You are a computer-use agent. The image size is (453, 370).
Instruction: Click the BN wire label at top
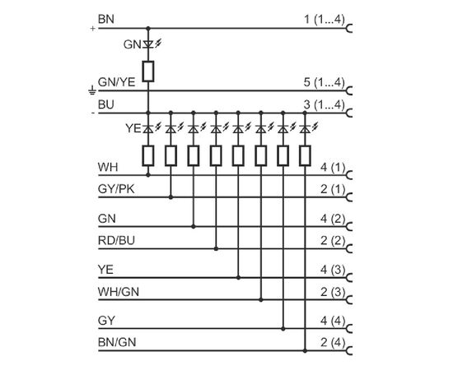point(106,19)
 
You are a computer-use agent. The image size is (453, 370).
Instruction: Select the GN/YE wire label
point(116,82)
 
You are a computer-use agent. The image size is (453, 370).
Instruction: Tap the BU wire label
point(106,104)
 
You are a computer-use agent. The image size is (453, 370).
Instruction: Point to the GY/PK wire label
point(116,189)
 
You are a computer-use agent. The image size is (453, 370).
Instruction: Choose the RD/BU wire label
point(116,240)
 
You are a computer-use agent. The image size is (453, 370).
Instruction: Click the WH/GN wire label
point(119,292)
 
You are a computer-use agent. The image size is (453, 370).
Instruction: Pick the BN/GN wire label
point(117,342)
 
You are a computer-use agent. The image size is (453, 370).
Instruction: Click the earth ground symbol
point(92,90)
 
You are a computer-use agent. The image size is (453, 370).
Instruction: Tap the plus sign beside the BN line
point(92,29)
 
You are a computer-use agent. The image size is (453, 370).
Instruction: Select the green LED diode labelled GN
point(148,44)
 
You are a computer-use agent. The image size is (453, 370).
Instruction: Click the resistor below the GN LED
point(148,72)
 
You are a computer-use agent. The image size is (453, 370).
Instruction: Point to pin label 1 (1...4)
point(325,20)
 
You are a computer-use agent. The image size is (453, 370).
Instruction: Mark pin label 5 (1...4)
point(325,82)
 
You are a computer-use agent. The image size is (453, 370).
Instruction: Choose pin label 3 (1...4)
point(325,104)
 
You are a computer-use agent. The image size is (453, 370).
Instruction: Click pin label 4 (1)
point(333,167)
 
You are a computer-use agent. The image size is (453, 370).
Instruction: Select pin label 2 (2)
point(333,240)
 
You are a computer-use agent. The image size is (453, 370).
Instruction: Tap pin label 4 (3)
point(333,270)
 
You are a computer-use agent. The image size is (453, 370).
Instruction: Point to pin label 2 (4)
point(333,343)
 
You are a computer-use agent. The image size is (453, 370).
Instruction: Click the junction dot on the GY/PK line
point(170,197)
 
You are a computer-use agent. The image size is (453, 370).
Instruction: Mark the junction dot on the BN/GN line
point(305,351)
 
